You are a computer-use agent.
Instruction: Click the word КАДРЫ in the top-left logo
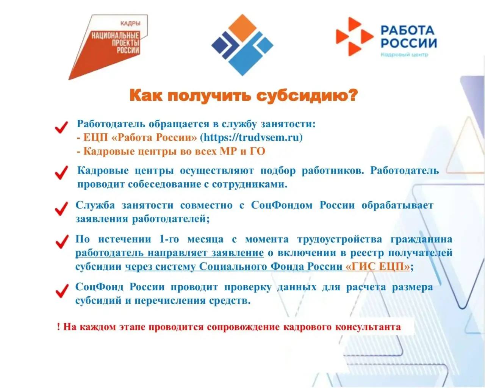[130, 23]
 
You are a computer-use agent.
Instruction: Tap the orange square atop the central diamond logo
[242, 28]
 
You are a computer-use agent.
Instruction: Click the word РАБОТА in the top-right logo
[407, 30]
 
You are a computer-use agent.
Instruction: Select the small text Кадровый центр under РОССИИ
[404, 55]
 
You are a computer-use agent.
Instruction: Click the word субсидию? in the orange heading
[307, 95]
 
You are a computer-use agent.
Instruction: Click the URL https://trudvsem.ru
[251, 137]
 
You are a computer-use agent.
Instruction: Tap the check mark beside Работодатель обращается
[61, 127]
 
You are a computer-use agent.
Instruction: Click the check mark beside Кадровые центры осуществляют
[61, 172]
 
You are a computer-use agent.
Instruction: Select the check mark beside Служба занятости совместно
[61, 208]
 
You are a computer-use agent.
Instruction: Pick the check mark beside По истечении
[62, 242]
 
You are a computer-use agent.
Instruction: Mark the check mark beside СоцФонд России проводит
[62, 291]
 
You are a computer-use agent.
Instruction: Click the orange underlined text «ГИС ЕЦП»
[378, 267]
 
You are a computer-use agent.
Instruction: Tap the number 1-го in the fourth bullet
[169, 239]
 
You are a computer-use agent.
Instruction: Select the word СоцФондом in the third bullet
[282, 205]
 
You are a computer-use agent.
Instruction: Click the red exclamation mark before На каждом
[58, 327]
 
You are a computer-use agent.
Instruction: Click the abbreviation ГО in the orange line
[257, 151]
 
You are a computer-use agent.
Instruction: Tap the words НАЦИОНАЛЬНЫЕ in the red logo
[115, 36]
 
